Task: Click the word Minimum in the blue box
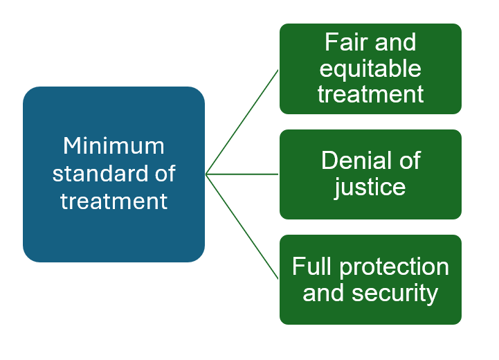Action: (114, 146)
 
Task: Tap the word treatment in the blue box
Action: (114, 201)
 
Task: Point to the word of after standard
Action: (165, 174)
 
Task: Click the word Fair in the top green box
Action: (346, 42)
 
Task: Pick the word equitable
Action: (370, 69)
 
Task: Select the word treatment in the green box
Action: (370, 94)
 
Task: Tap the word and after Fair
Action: (395, 42)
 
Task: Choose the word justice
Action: (370, 188)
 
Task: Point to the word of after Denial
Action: (410, 160)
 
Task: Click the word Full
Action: (312, 267)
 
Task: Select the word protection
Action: (394, 267)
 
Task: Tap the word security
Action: (395, 294)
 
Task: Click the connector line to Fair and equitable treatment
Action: (242, 122)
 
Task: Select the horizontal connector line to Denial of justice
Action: (242, 174)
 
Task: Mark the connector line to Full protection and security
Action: (242, 226)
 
